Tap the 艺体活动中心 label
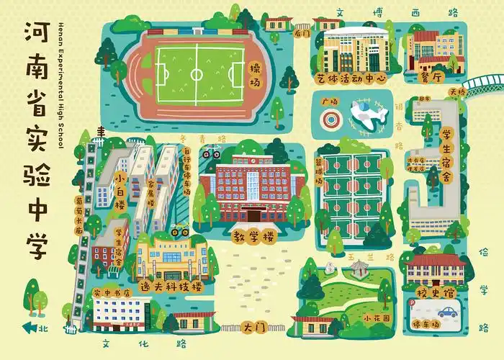[x=351, y=78]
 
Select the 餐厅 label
[x=428, y=78]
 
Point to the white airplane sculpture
[x=366, y=115]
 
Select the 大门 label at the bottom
[x=255, y=327]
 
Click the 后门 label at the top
[x=302, y=33]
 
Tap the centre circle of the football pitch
[x=197, y=73]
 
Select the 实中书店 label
[x=112, y=293]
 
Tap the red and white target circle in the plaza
[x=330, y=117]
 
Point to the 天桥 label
[x=457, y=92]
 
